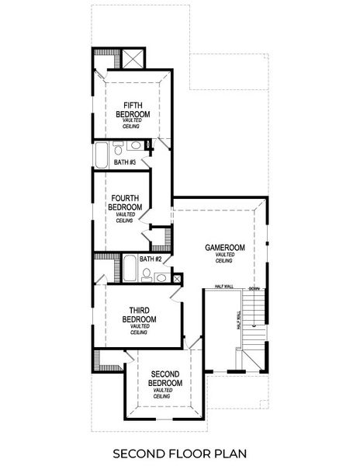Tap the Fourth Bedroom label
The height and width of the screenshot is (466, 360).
(126, 203)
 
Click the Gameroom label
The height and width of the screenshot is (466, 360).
(225, 248)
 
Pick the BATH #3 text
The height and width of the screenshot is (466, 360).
(125, 162)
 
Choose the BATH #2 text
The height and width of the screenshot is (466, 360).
(151, 259)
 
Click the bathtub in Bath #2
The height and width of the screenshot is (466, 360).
(131, 271)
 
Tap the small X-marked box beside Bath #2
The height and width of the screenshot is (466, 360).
(178, 277)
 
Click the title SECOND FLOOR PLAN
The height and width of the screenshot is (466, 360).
(180, 452)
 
